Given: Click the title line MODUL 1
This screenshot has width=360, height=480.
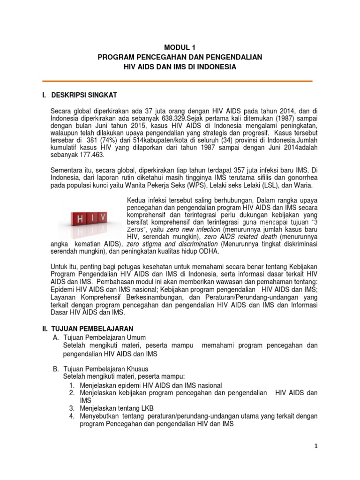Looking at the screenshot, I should coord(180,47).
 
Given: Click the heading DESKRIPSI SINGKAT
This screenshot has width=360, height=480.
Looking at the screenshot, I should coord(87,96).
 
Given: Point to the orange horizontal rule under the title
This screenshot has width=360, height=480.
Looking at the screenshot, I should coord(180,81).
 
